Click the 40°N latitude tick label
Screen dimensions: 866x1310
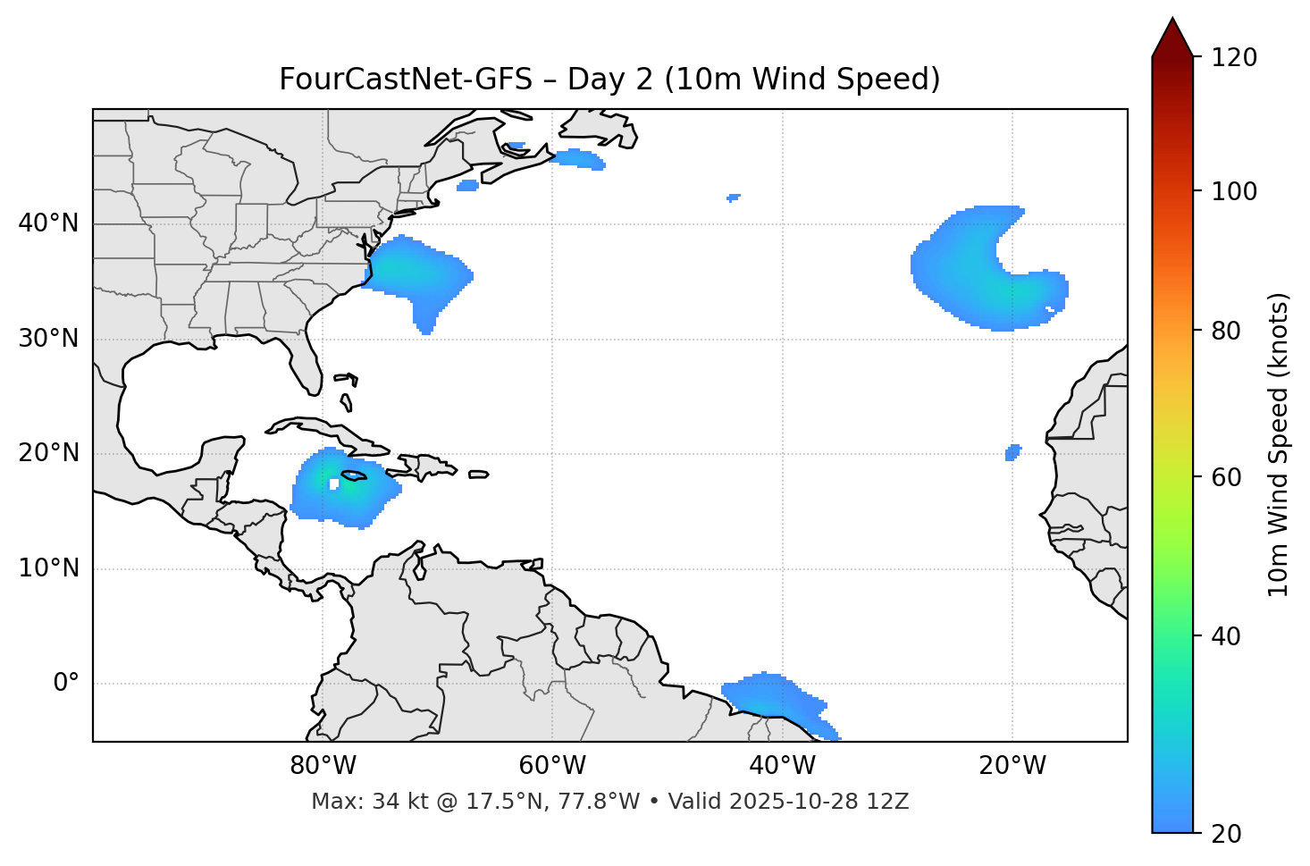48,223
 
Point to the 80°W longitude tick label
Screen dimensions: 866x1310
323,766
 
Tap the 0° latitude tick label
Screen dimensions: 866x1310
66,684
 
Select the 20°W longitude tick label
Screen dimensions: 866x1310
1012,766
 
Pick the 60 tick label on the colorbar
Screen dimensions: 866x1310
1226,477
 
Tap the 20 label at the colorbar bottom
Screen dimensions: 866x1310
1226,834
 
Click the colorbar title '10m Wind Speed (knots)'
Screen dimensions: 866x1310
1279,445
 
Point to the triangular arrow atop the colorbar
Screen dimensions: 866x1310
1172,38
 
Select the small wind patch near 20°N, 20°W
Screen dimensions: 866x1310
1012,452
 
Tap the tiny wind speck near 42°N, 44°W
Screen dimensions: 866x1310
734,197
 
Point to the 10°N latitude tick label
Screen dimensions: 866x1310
48,568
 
